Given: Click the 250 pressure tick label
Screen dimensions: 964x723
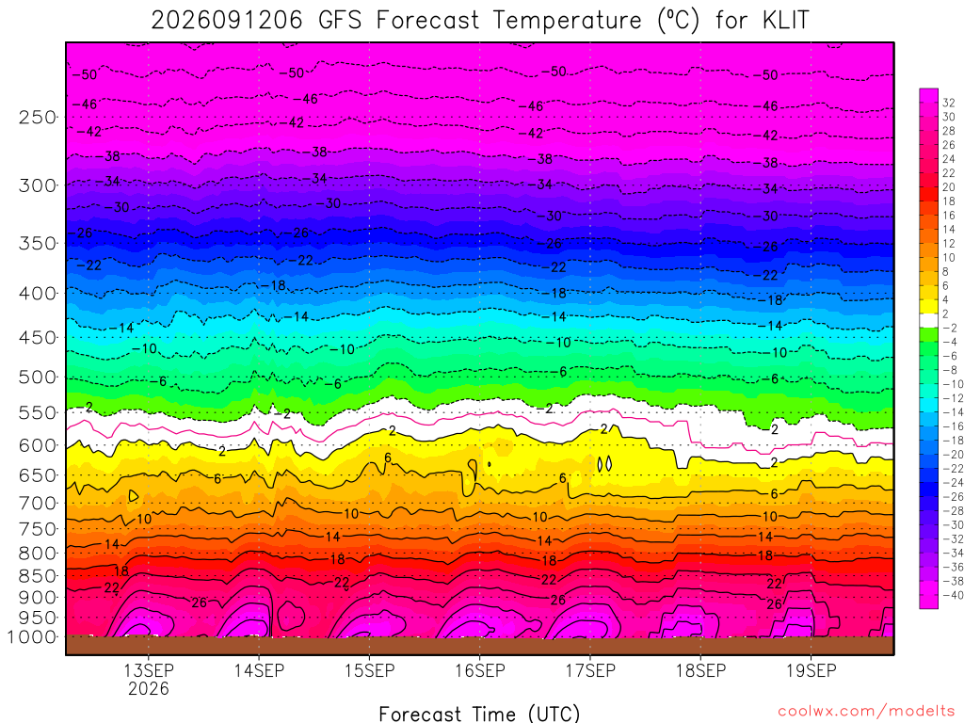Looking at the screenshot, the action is click(x=38, y=117).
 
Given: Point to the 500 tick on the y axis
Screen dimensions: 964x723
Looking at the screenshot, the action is click(x=38, y=377).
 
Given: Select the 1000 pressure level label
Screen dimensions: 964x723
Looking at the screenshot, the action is click(x=32, y=637).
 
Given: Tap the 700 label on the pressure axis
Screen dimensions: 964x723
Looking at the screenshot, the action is click(x=38, y=503).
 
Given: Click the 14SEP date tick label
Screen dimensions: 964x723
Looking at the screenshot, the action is click(x=259, y=670).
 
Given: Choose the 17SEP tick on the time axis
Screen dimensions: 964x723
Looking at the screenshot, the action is click(x=590, y=670).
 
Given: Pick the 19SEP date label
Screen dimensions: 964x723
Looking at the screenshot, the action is click(x=811, y=670).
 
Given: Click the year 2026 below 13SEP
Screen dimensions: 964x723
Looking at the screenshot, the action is click(x=148, y=688).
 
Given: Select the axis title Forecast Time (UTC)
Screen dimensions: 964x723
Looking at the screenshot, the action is click(x=479, y=714).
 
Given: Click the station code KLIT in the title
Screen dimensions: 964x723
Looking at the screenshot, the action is click(x=785, y=21).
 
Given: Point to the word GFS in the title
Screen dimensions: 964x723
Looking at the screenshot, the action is click(x=340, y=21).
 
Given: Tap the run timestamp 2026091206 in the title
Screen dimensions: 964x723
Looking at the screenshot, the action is click(x=227, y=21).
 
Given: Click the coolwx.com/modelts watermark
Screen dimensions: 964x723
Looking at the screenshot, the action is click(x=866, y=712).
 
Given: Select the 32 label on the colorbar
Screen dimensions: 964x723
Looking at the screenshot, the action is click(x=949, y=103).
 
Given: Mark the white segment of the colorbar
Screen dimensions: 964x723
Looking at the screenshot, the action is click(x=929, y=320).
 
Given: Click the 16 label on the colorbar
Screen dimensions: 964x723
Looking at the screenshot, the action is click(x=949, y=216).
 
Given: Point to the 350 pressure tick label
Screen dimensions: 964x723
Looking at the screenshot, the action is click(x=38, y=244).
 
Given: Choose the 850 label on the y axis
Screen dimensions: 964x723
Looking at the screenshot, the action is click(x=38, y=576).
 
